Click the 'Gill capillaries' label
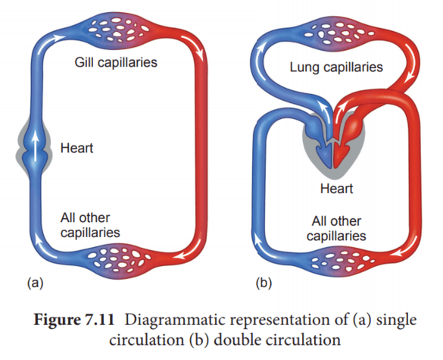116,62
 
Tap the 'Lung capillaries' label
336,68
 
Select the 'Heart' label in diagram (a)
76,148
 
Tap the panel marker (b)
262,283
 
